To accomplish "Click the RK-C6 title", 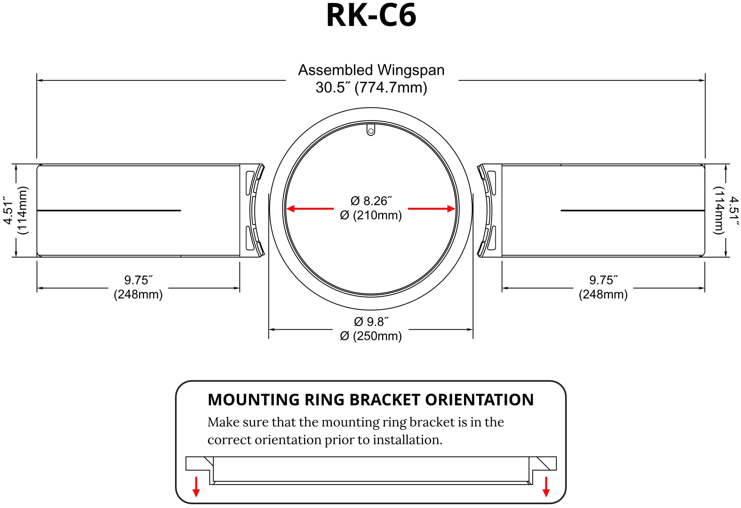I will pyautogui.click(x=371, y=15).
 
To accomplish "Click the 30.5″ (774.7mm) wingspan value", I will pyautogui.click(x=371, y=88).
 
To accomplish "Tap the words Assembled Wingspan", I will pyautogui.click(x=371, y=70).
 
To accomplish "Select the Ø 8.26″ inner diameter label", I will pyautogui.click(x=371, y=201).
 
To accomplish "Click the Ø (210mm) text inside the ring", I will pyautogui.click(x=371, y=215).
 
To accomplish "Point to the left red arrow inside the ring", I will pyautogui.click(x=309, y=209).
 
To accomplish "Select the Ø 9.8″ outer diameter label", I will pyautogui.click(x=371, y=322).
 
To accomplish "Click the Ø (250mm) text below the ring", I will pyautogui.click(x=371, y=336).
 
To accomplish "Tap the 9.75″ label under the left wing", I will pyautogui.click(x=138, y=280).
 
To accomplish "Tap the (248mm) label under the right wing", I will pyautogui.click(x=603, y=295).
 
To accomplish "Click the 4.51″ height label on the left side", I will pyautogui.click(x=8, y=210).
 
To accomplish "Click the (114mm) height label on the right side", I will pyautogui.click(x=718, y=210).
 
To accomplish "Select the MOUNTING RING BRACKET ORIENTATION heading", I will pyautogui.click(x=370, y=400).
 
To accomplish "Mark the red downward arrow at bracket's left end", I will pyautogui.click(x=196, y=487).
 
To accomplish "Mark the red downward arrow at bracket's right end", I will pyautogui.click(x=546, y=487).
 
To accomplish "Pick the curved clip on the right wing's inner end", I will pyautogui.click(x=486, y=210).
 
